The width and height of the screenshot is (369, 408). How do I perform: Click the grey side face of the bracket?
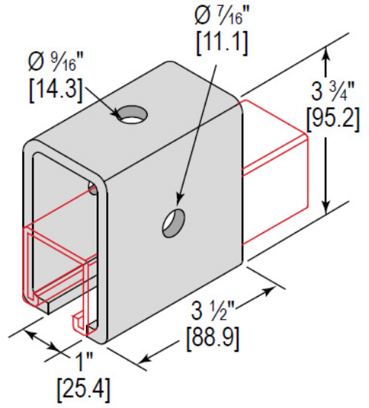pos(178,245)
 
